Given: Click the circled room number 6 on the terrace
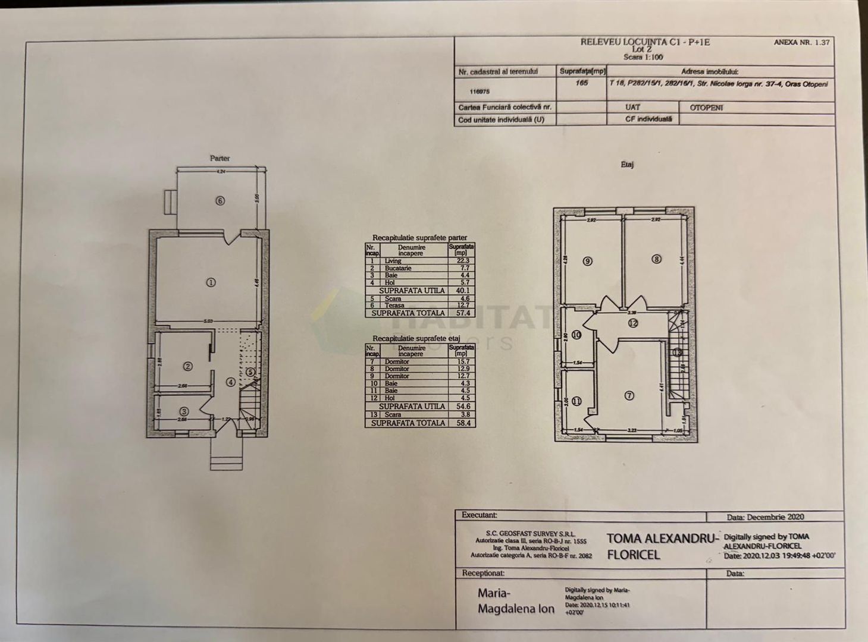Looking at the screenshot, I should tap(220, 201).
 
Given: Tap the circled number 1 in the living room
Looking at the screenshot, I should tap(211, 283).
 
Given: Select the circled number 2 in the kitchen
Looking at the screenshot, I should tap(187, 367).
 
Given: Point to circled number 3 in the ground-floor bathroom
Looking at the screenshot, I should tap(184, 411).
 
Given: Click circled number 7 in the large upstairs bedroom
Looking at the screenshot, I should tap(629, 396).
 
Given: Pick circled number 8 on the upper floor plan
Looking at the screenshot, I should tap(656, 259).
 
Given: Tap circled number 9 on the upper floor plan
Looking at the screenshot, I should tap(588, 261).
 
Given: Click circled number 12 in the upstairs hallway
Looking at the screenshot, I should tap(632, 323).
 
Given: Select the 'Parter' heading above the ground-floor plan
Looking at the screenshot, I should tap(220, 158).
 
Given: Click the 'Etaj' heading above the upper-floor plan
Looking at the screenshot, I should tap(627, 165).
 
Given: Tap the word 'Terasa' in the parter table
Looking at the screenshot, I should tap(394, 306).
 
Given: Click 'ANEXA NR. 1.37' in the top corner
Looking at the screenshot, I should tap(801, 43).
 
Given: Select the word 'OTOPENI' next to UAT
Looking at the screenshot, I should tap(706, 108).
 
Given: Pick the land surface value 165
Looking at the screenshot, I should tap(581, 83).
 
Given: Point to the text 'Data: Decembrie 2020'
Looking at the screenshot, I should tap(765, 517).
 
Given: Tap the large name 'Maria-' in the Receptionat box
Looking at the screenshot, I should tap(494, 593).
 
